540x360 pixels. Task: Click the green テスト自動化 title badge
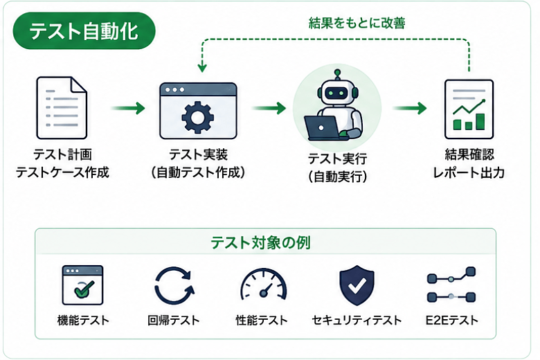click(x=84, y=31)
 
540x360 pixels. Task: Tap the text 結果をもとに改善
click(x=357, y=24)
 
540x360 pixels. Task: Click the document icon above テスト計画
click(x=62, y=108)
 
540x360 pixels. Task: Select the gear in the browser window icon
click(x=198, y=117)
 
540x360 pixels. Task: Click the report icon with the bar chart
click(x=469, y=109)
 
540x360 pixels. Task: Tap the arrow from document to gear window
click(x=128, y=108)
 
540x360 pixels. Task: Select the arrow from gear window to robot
click(x=269, y=108)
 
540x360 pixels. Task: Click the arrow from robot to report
click(x=410, y=108)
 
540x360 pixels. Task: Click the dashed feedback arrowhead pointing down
click(x=202, y=67)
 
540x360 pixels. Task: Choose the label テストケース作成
click(x=62, y=172)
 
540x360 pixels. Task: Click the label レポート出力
click(x=469, y=172)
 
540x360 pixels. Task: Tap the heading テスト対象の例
click(x=261, y=242)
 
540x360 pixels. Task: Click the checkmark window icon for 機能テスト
click(x=82, y=285)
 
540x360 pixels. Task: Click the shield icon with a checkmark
click(x=357, y=285)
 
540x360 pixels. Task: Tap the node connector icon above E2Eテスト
click(x=451, y=285)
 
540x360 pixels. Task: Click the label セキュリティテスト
click(x=357, y=321)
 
